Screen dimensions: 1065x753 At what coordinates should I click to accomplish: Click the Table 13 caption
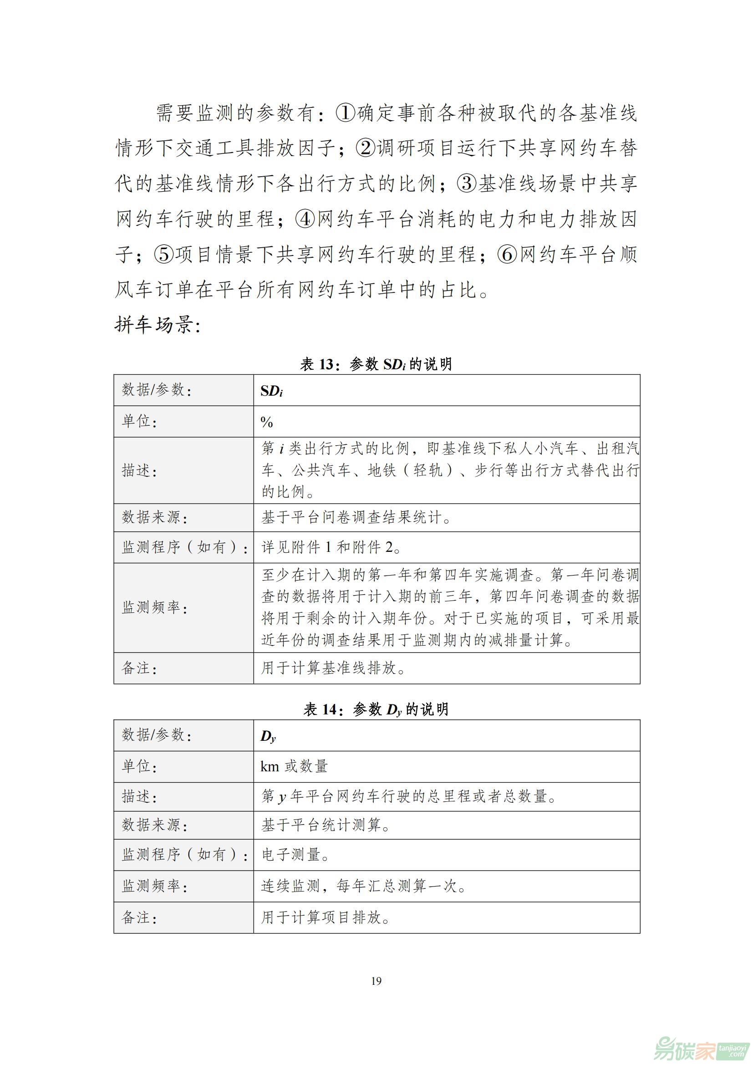pos(376,364)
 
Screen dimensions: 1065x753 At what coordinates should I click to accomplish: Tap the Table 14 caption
pos(376,709)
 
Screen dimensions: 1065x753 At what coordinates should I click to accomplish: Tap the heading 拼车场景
pos(158,325)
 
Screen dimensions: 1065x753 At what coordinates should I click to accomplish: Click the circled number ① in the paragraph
pos(346,113)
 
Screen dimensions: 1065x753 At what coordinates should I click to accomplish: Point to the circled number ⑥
pos(507,254)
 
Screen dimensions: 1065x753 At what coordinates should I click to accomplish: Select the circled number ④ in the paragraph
pos(305,219)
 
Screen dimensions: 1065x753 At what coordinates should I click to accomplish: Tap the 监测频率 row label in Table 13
pos(154,608)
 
